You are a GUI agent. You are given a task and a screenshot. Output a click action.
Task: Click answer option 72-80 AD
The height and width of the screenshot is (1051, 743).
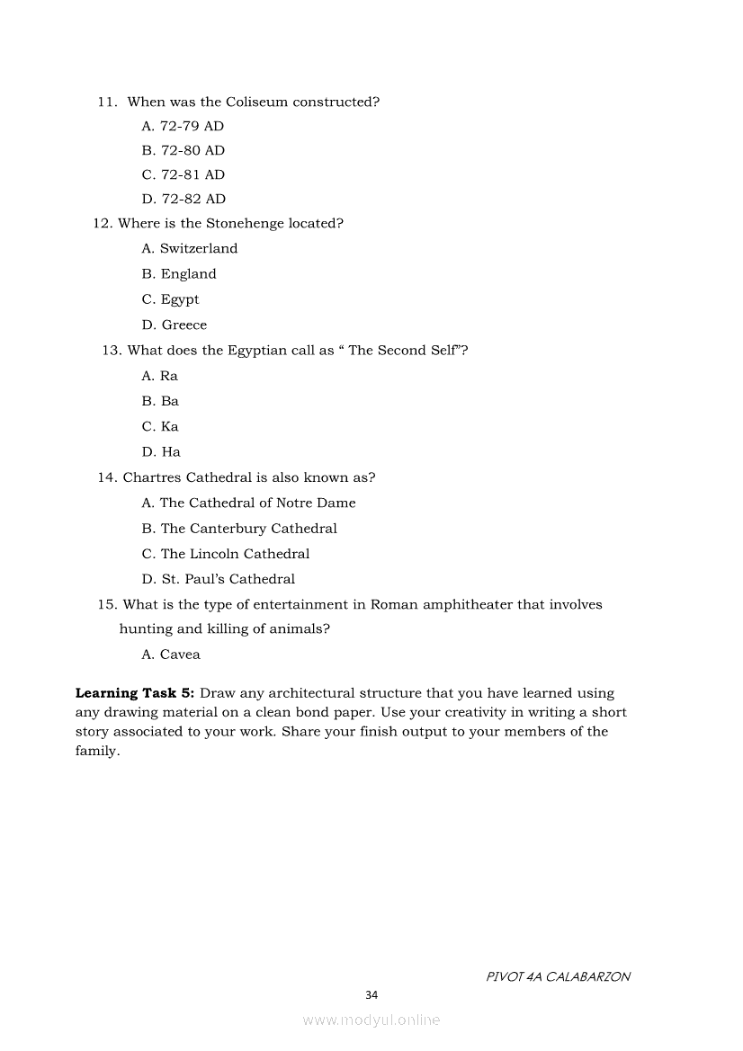(183, 150)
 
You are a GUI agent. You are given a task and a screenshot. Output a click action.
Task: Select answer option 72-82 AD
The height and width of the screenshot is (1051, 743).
(184, 199)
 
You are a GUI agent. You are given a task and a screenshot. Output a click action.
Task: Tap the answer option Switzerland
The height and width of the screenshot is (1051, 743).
(189, 248)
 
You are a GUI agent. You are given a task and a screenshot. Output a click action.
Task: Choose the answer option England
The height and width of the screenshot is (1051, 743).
(179, 274)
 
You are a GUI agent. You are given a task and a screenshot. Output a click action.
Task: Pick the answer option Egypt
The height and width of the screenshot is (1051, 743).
(170, 299)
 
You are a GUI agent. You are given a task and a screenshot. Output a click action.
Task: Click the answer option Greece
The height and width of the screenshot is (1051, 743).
(174, 325)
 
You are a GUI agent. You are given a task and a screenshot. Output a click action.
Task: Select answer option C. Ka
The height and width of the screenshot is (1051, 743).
(160, 426)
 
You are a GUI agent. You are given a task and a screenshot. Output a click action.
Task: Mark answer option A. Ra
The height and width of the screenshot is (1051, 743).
(159, 376)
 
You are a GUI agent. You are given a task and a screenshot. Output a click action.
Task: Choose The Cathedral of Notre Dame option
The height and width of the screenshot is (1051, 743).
(248, 503)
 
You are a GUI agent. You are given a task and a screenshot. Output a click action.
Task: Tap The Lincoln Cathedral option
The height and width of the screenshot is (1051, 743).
(225, 554)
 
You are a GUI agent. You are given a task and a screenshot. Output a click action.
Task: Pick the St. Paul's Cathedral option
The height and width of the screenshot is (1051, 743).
(218, 579)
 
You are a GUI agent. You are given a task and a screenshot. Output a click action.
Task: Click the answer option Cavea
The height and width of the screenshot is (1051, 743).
(171, 655)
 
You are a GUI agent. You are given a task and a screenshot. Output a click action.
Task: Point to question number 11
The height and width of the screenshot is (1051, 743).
(107, 102)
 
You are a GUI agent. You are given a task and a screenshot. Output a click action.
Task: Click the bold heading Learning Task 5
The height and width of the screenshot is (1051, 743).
(135, 693)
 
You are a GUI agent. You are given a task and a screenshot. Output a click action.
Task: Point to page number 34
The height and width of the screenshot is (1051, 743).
(371, 994)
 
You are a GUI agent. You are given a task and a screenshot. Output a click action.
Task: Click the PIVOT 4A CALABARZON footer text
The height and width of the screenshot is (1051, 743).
(558, 976)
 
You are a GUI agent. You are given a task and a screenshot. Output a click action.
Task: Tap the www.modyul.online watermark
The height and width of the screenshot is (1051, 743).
(371, 1020)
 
